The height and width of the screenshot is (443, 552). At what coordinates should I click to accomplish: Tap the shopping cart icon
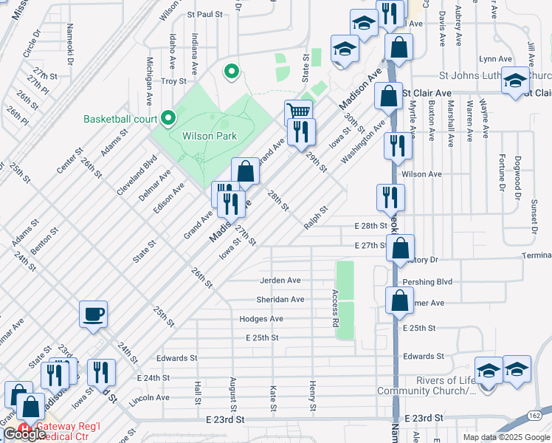point(298,113)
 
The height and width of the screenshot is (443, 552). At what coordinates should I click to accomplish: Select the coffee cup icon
point(94,314)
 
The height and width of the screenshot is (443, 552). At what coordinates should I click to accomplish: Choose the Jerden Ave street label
point(280,281)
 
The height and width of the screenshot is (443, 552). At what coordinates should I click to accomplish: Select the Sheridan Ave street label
point(280,300)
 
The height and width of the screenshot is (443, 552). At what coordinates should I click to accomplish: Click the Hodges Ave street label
point(261,319)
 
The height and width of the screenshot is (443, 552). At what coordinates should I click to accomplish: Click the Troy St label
point(174,81)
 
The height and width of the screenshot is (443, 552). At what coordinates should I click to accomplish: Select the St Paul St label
point(204,13)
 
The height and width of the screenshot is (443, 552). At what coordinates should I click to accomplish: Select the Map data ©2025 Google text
point(506,437)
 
